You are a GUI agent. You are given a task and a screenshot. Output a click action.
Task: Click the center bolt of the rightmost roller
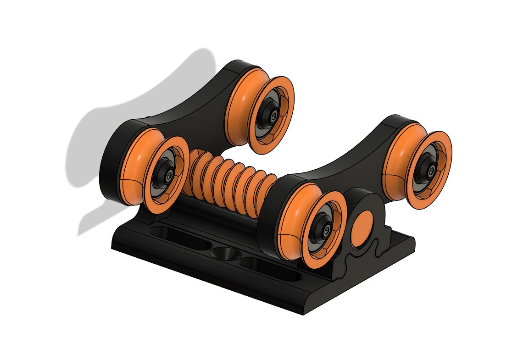point(431,171)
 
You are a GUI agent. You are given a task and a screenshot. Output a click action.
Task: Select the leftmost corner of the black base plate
point(113,248)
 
